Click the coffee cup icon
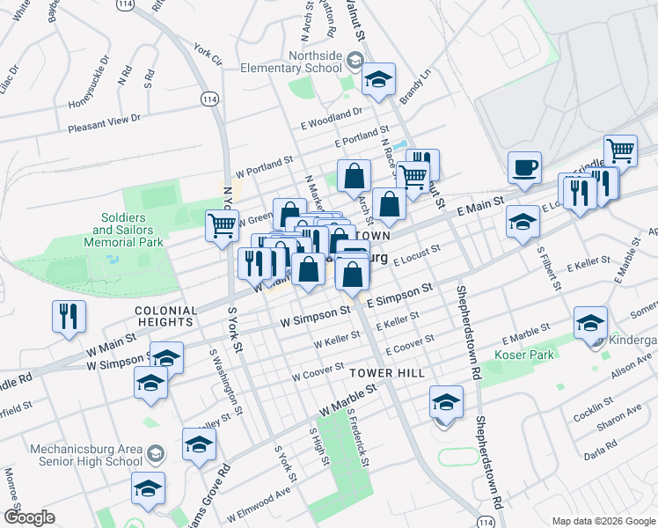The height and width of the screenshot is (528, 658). [524, 167]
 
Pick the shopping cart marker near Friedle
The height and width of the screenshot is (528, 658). [621, 151]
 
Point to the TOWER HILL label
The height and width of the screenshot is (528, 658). [387, 373]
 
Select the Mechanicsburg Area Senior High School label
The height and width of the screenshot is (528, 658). [86, 453]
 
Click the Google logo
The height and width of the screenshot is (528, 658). [29, 517]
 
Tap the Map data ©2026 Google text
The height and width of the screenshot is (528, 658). [603, 520]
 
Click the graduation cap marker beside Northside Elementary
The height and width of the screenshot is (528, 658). [379, 80]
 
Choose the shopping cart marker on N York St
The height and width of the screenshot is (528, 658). [222, 226]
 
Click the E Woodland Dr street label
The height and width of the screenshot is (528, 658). [331, 114]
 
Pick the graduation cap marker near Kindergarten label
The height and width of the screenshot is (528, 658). [589, 323]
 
